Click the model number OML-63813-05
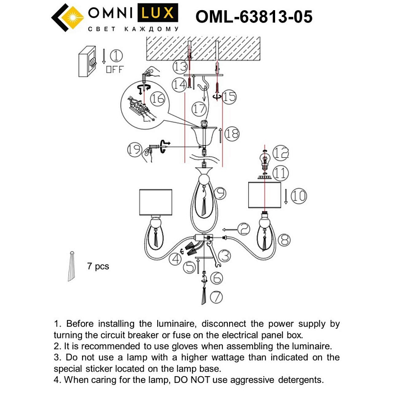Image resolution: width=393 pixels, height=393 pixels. coord(254,17)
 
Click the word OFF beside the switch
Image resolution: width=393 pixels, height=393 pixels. coord(114,70)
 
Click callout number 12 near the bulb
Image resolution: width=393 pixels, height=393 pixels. coord(280,152)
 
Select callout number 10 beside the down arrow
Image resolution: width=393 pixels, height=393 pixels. coord(299,195)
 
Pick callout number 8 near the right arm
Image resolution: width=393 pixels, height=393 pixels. coord(285,239)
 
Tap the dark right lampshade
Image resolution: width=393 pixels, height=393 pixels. coord(264,195)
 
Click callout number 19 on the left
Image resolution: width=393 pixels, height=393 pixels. coord(134,149)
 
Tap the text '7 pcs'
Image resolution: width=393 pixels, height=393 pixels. coord(98,266)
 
